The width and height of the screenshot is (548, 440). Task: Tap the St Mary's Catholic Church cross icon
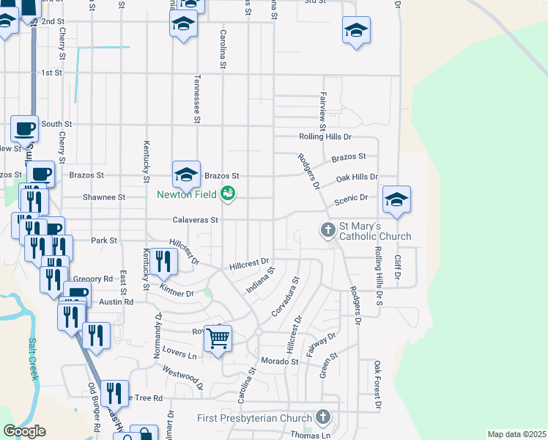[x=328, y=230]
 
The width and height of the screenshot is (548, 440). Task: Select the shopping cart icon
[x=218, y=339]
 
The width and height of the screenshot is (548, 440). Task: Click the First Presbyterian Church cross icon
[x=322, y=418]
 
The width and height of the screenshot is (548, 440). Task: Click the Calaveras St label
[x=196, y=219]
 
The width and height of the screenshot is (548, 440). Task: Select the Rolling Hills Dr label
[x=325, y=137]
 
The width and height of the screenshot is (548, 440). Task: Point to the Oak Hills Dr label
[x=357, y=177]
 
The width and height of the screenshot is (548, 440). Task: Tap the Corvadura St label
[x=286, y=296]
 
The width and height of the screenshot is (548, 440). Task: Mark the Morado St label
[x=280, y=362]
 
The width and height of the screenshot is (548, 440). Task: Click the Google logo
[x=24, y=431]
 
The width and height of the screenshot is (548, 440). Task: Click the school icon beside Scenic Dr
[x=396, y=199]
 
